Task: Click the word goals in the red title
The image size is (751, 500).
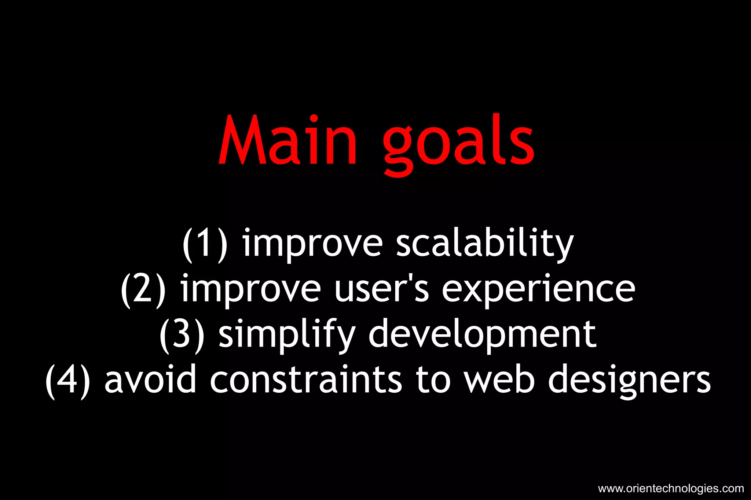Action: (458, 145)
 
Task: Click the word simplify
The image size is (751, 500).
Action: (287, 336)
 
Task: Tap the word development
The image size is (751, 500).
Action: (482, 336)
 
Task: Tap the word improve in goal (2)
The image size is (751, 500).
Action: (251, 290)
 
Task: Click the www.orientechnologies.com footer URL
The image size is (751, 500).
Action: (671, 489)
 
